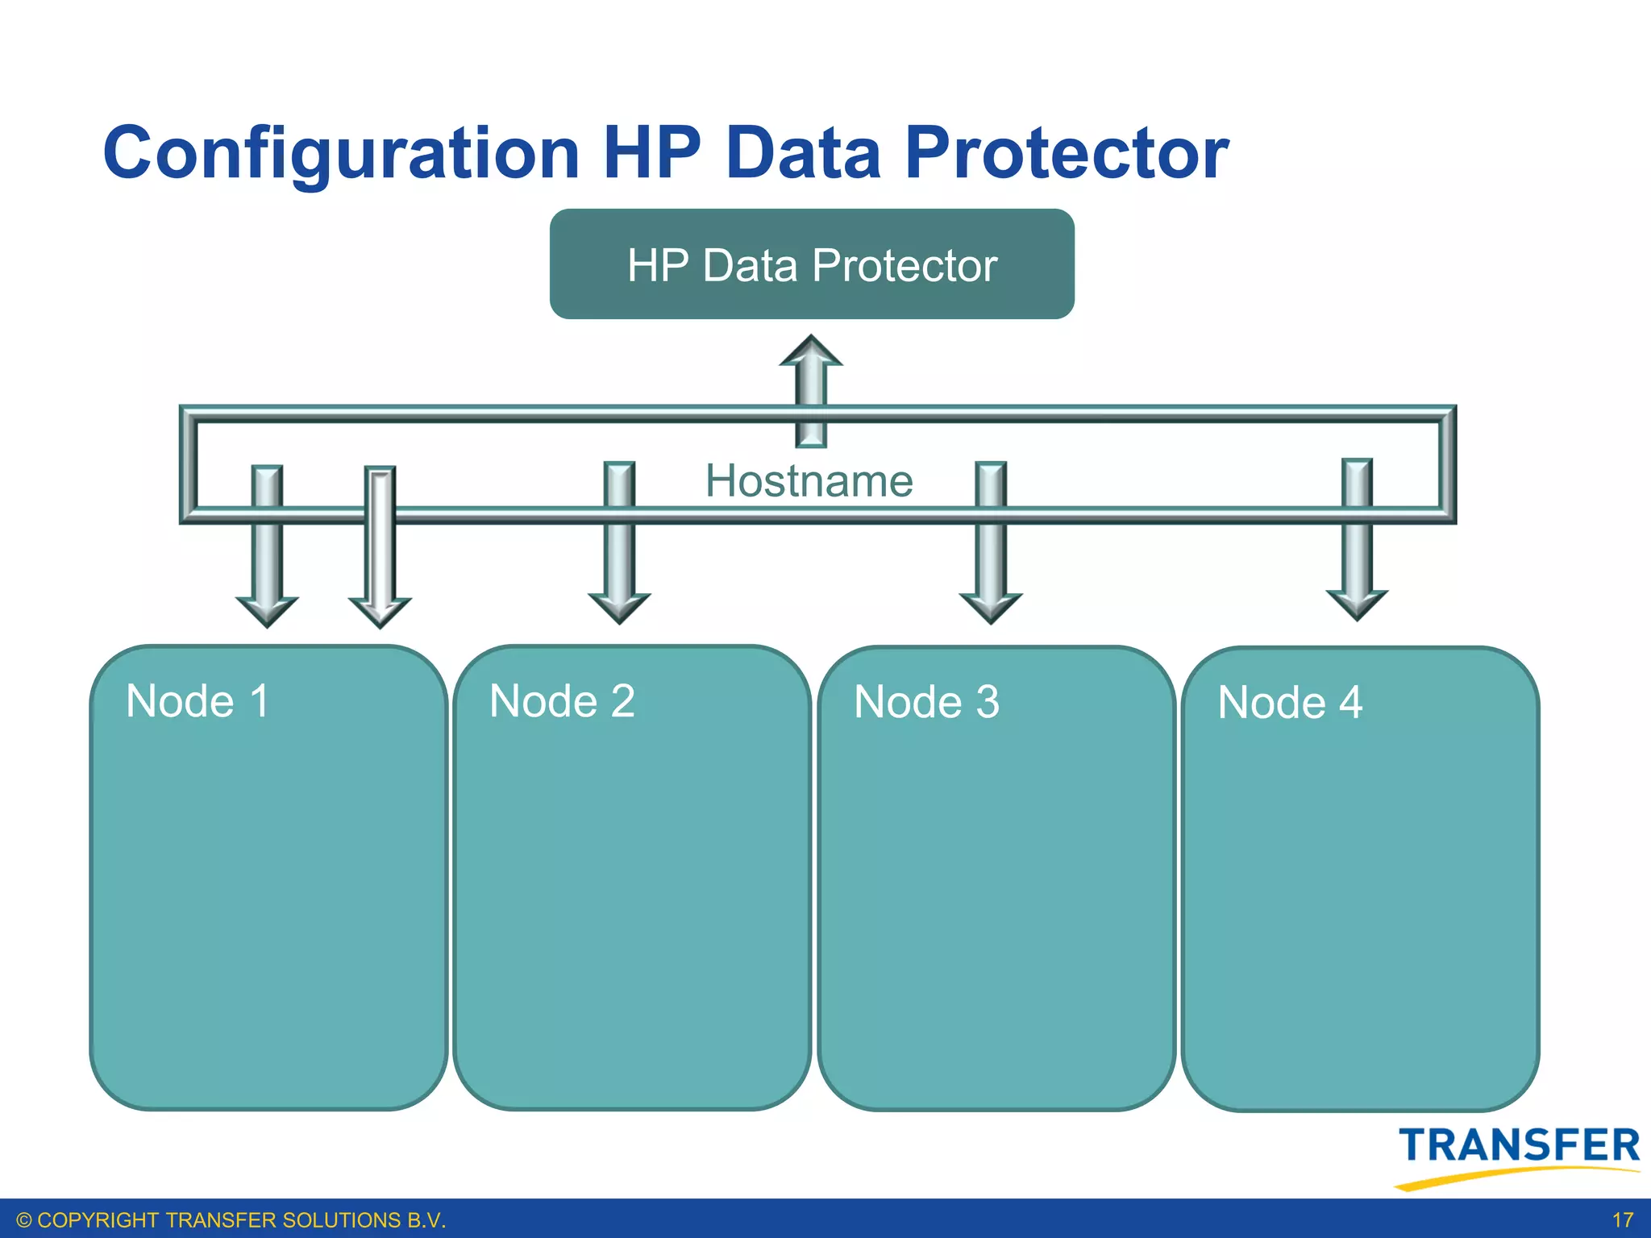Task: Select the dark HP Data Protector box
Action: [811, 264]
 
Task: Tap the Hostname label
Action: [809, 481]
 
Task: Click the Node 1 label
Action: [198, 700]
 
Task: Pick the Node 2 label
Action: [562, 700]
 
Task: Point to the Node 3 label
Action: [926, 702]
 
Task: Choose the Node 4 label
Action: [1290, 703]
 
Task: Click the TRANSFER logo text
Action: [1519, 1145]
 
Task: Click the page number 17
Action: [1622, 1220]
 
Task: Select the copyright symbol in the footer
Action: [24, 1220]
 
